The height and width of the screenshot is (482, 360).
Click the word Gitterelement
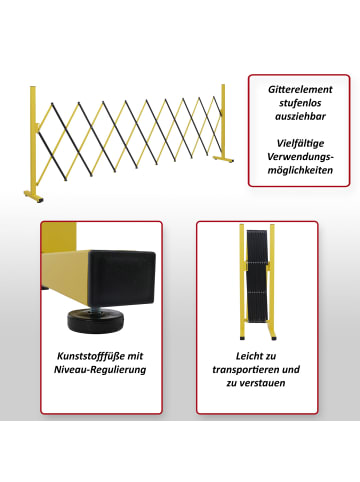click(x=300, y=90)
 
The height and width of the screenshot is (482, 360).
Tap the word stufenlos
click(x=300, y=103)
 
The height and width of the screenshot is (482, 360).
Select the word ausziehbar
click(x=300, y=116)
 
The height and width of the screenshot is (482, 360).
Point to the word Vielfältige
click(x=300, y=143)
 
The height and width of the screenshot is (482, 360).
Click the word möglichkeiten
click(x=300, y=170)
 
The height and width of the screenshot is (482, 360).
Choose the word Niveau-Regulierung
click(x=100, y=370)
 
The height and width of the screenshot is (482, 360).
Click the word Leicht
click(x=245, y=356)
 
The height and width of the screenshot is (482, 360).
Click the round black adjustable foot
click(x=96, y=321)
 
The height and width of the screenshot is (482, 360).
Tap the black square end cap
click(x=121, y=278)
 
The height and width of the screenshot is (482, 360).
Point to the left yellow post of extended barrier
click(x=33, y=140)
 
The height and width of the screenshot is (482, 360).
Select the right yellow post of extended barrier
click(x=223, y=121)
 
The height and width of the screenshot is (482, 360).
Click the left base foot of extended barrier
click(x=34, y=196)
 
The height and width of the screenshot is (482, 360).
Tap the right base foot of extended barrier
click(x=223, y=159)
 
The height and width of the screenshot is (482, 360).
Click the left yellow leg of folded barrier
click(x=242, y=282)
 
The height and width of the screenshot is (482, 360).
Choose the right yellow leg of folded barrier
click(x=273, y=282)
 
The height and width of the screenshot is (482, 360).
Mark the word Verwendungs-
click(x=300, y=157)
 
